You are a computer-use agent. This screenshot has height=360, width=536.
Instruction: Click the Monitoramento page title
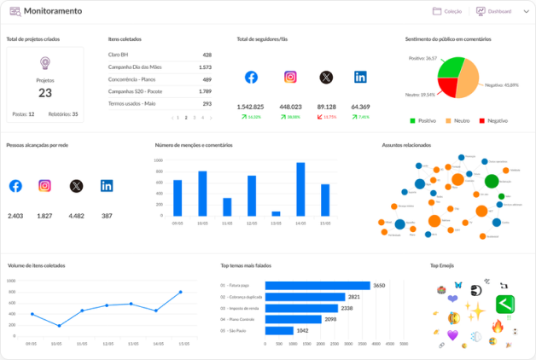pos(53,12)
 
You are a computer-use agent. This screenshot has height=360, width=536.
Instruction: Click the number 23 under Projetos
pos(45,93)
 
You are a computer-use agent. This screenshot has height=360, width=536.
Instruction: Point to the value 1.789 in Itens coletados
pos(205,90)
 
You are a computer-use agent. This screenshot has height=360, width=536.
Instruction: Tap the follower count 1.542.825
pos(250,107)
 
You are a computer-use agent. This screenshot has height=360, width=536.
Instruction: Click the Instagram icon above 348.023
pos(290,77)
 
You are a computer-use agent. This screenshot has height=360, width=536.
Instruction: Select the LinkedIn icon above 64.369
pos(360,77)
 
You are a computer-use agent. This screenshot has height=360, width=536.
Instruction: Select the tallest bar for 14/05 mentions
pos(300,189)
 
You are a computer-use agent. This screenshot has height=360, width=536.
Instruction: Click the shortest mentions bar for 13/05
pos(276,213)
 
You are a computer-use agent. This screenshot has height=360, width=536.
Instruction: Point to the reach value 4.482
pos(76,216)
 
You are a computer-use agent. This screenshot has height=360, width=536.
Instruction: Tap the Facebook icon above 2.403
pos(15,186)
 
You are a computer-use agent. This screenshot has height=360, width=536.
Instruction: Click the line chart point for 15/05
pos(180,293)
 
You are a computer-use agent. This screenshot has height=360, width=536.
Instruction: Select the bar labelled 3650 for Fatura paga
pos(318,286)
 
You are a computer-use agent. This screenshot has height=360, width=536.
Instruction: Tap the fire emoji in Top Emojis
pos(498,326)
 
